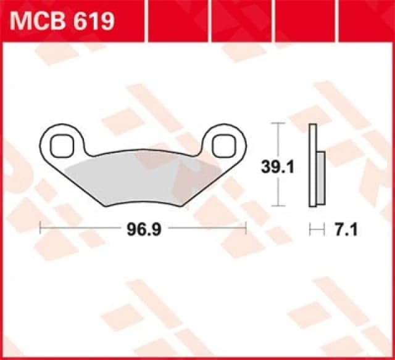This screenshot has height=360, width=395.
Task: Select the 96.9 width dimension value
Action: pyautogui.click(x=139, y=229)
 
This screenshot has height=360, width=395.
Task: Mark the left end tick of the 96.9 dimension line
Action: pyautogui.click(x=40, y=229)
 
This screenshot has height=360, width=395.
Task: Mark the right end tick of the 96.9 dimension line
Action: pyautogui.click(x=246, y=229)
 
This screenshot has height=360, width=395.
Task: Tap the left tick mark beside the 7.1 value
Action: pyautogui.click(x=310, y=229)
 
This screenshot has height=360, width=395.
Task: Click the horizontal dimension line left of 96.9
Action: pyautogui.click(x=80, y=229)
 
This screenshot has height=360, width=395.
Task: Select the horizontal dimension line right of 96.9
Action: pyautogui.click(x=204, y=229)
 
